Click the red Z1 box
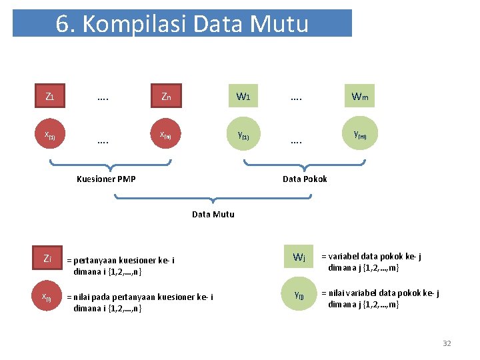(50, 97)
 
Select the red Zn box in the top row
(166, 97)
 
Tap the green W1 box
(243, 97)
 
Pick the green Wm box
(359, 97)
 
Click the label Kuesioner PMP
(106, 179)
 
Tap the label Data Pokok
(305, 179)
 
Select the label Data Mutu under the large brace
(213, 214)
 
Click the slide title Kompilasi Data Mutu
(182, 24)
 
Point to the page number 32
(447, 343)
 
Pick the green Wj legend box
(299, 257)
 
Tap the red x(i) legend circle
(47, 297)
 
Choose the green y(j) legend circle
(299, 294)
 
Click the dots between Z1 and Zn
(103, 97)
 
